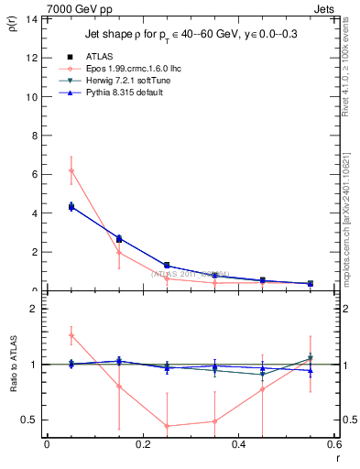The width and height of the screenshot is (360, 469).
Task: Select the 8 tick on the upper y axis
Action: [x=37, y=136]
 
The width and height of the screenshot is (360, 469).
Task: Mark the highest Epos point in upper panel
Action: [x=71, y=170]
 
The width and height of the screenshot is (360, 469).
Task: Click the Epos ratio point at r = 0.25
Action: [x=167, y=426]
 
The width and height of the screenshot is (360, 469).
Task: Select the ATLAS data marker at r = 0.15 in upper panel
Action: [x=119, y=239]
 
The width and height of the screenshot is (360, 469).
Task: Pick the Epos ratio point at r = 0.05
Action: [x=71, y=335]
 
